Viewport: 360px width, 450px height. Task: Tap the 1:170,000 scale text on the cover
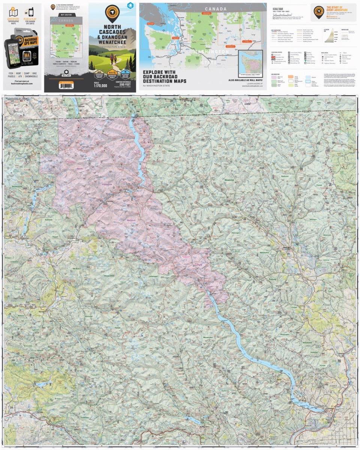point(98,86)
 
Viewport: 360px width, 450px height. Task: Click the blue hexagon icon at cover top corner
point(130,6)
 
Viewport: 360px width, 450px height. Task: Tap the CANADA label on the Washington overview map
point(216,9)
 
